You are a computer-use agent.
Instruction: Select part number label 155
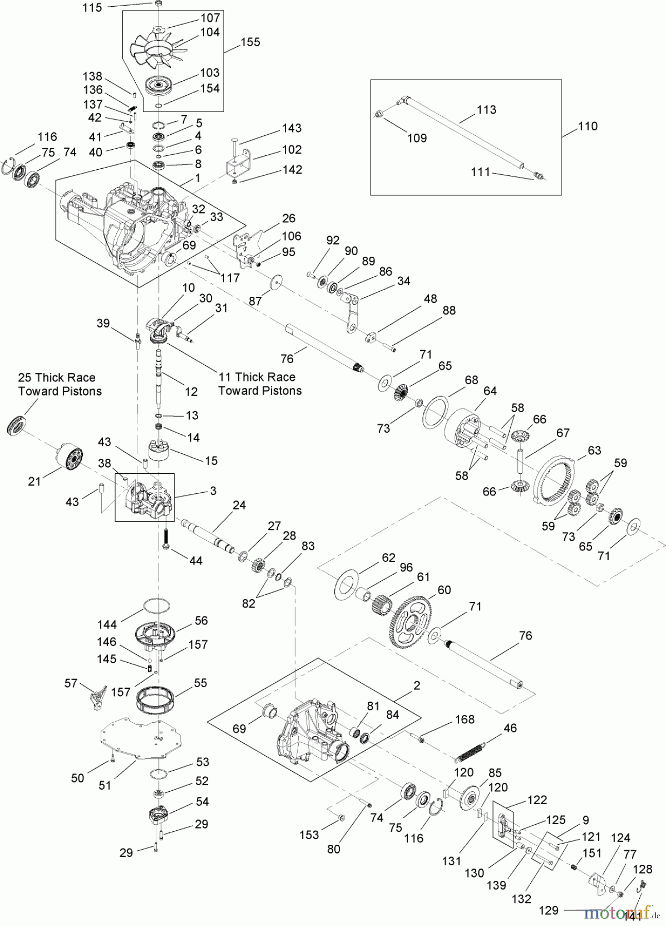click(250, 42)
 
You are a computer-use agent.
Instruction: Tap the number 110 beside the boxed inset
click(588, 126)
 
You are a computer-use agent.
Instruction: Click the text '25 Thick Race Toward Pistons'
click(60, 384)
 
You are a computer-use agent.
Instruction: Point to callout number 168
click(465, 719)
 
